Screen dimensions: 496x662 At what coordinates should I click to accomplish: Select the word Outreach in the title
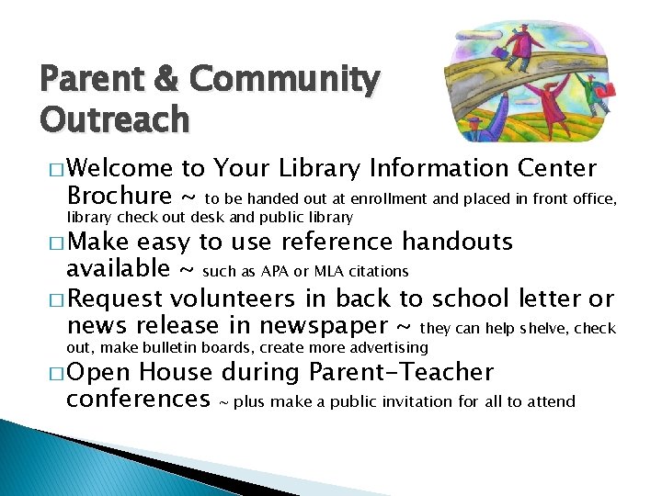click(115, 119)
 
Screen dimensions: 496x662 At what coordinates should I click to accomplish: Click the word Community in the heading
click(283, 81)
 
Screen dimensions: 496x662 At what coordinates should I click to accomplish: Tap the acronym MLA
click(328, 271)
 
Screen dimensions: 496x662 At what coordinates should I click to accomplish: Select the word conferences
click(139, 400)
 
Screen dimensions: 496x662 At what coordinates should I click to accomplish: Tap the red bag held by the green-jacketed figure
click(603, 90)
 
